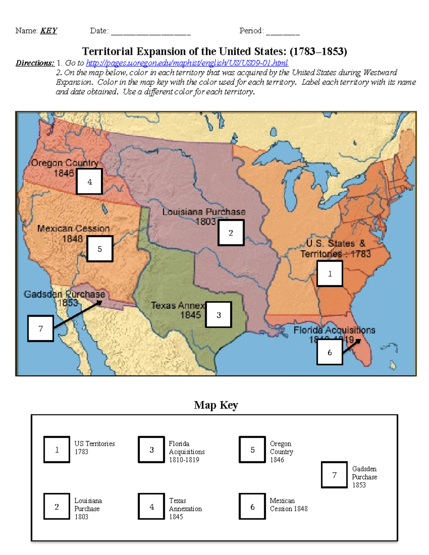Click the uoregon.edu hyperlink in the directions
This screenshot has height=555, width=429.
point(187,63)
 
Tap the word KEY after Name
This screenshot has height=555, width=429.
point(49,31)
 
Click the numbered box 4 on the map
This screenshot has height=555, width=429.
point(89,182)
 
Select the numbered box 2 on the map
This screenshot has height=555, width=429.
point(231,233)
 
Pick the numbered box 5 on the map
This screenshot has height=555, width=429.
point(100,249)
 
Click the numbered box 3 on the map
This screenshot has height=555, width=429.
point(218,314)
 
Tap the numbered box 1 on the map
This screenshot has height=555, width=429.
point(330,273)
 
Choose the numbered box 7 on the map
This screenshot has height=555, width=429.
point(40,328)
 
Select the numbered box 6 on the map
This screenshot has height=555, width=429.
point(330,352)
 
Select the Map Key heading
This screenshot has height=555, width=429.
point(216,405)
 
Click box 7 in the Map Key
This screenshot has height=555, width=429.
point(334,475)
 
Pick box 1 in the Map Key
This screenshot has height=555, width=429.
point(56,450)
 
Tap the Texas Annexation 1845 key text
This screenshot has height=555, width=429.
point(185,509)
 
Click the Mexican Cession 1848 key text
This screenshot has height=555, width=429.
point(289,505)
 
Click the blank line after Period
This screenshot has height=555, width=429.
point(283,32)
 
